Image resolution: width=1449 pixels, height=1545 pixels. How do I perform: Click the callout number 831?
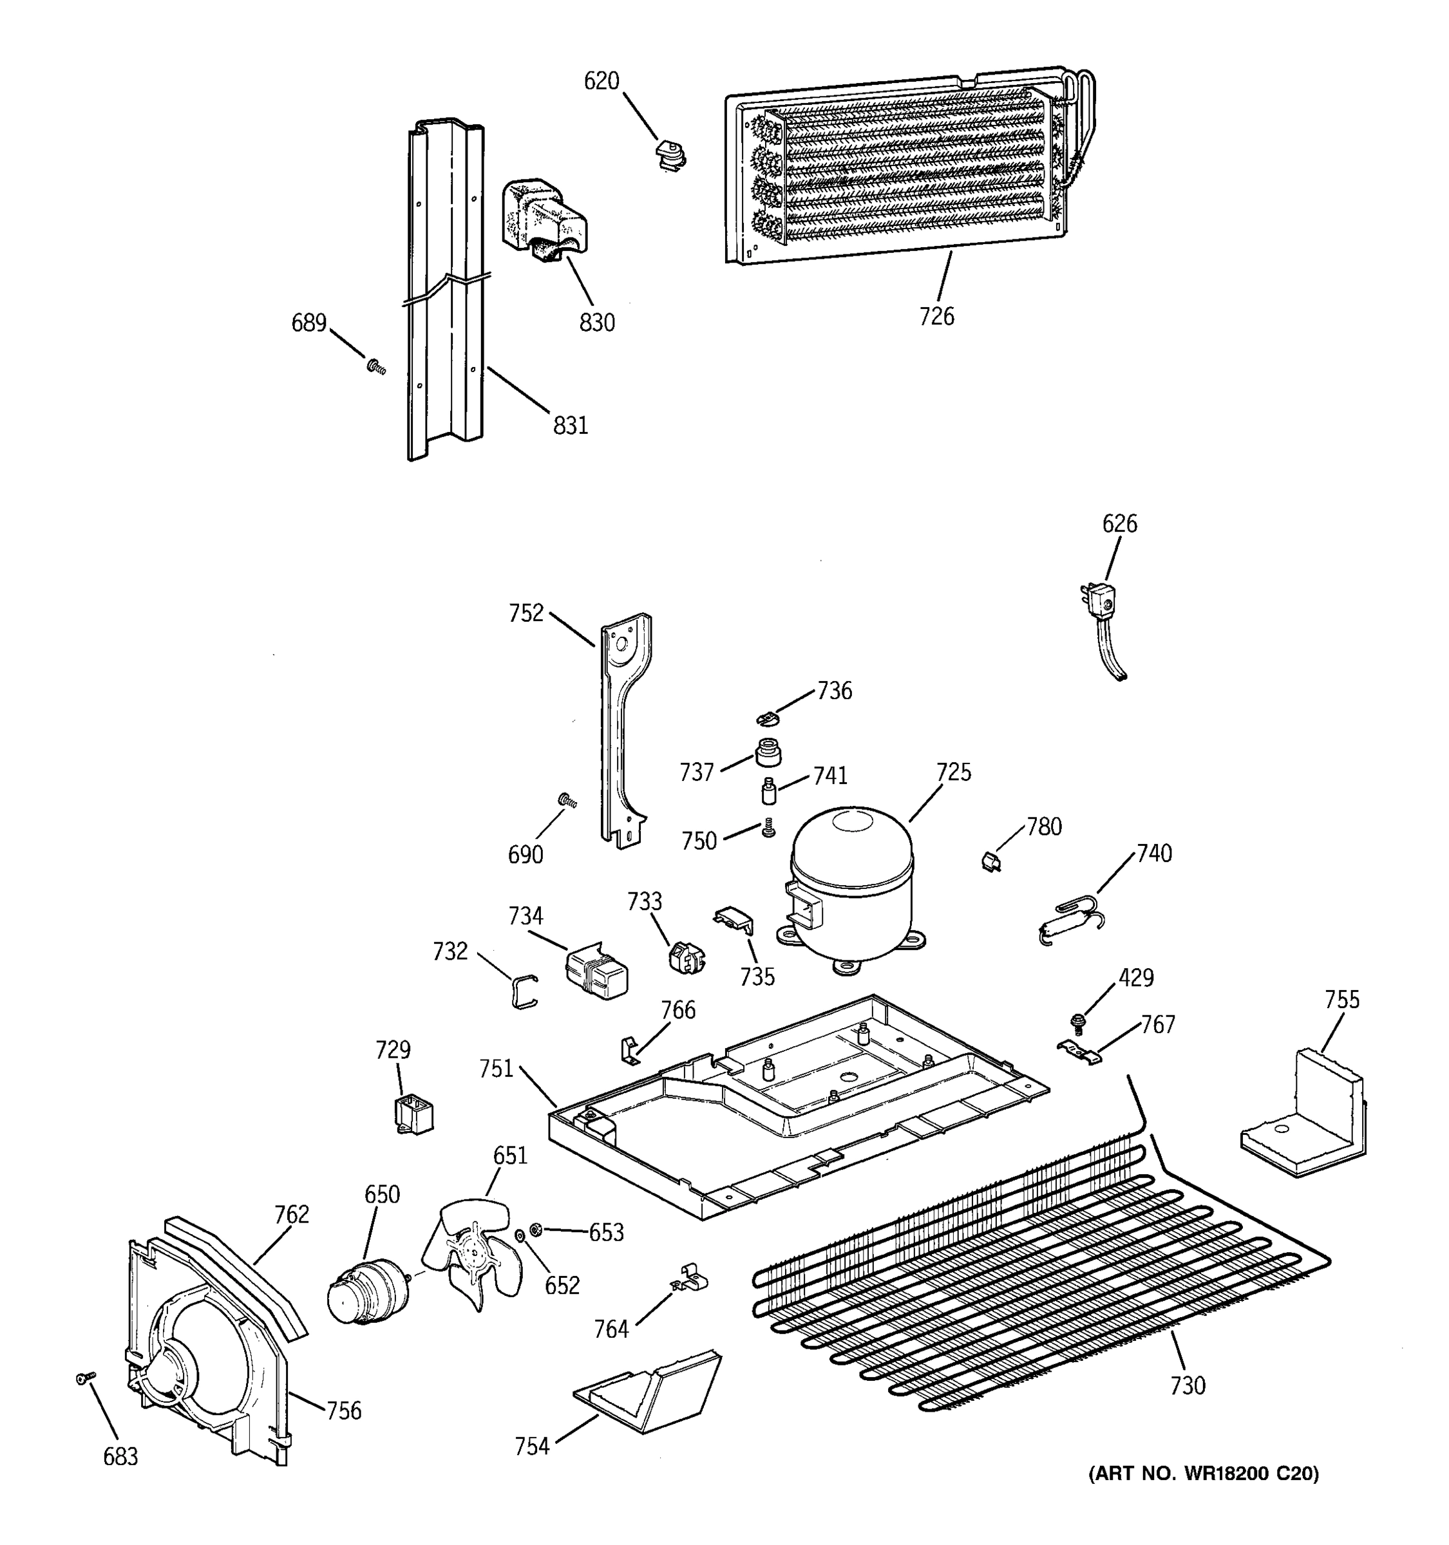click(x=571, y=425)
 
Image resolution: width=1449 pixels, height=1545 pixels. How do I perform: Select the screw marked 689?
click(x=376, y=365)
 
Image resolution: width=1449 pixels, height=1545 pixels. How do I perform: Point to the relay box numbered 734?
click(x=596, y=971)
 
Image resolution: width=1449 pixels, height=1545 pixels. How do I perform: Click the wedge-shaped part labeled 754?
click(x=649, y=1395)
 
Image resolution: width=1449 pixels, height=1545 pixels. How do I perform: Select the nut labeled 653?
click(x=535, y=1229)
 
